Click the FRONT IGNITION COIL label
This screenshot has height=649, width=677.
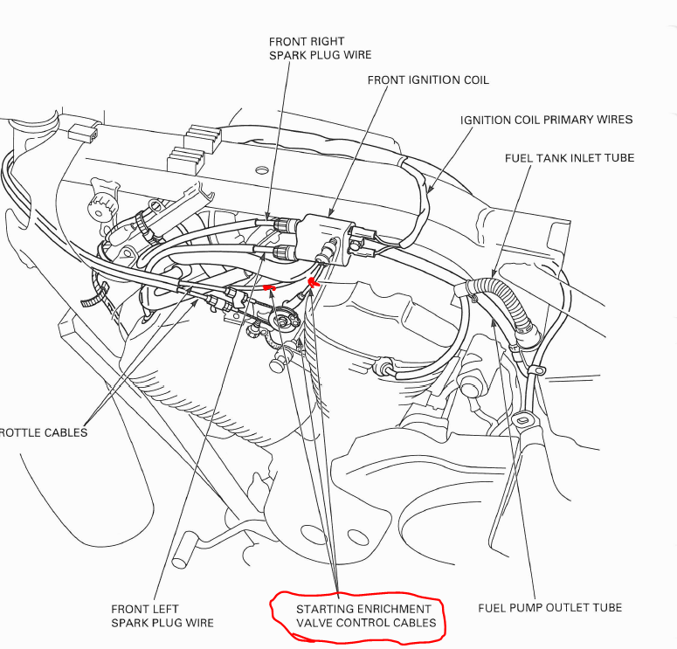[x=428, y=80]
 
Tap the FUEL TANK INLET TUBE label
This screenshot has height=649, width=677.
[x=570, y=158]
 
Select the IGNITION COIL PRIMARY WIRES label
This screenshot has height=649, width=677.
[x=546, y=120]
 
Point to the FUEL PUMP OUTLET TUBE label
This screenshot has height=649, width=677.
[x=549, y=608]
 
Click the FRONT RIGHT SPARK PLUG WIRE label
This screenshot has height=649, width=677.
[x=320, y=48]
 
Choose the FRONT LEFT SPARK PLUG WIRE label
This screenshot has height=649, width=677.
[x=162, y=616]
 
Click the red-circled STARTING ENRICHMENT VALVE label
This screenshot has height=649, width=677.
[x=366, y=616]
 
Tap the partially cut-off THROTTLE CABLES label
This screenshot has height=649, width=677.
[x=43, y=432]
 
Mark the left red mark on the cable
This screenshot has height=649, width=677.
[x=269, y=287]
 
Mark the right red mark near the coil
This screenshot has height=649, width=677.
[x=313, y=283]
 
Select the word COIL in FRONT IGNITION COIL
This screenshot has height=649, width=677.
[x=476, y=80]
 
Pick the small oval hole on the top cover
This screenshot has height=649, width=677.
[x=261, y=170]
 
